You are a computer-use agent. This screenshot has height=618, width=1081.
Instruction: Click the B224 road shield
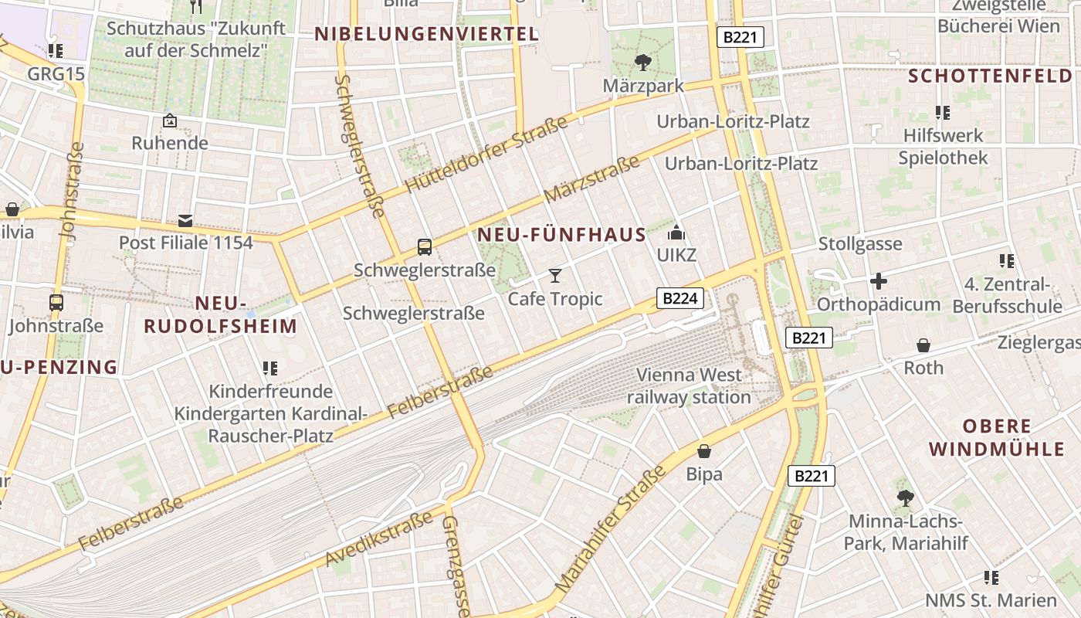680,299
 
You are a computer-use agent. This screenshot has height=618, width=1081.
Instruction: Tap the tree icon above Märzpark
642,62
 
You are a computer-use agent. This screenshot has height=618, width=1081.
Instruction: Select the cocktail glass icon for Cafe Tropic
554,276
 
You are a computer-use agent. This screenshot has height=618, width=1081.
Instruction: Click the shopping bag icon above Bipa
704,451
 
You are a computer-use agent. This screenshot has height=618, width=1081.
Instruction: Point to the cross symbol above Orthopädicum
878,281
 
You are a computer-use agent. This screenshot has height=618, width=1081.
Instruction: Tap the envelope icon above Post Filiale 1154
185,220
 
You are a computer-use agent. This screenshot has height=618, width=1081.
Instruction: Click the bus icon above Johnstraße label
56,303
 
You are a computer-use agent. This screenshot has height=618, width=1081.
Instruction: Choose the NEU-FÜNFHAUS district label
561,235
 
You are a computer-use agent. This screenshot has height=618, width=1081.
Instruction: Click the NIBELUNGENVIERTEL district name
426,34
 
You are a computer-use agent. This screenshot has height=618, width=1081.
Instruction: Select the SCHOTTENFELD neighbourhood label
991,76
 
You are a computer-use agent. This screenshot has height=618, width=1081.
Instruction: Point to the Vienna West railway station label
689,386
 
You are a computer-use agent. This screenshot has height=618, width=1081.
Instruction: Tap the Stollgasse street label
860,244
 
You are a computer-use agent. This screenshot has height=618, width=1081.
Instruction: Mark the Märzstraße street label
592,179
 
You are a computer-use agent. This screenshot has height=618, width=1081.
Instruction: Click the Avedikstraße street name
379,539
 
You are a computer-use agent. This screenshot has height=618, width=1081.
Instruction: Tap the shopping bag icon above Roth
923,345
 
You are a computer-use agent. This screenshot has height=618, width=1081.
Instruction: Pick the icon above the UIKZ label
676,232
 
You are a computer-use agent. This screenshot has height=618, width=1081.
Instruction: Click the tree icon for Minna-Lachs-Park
905,498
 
